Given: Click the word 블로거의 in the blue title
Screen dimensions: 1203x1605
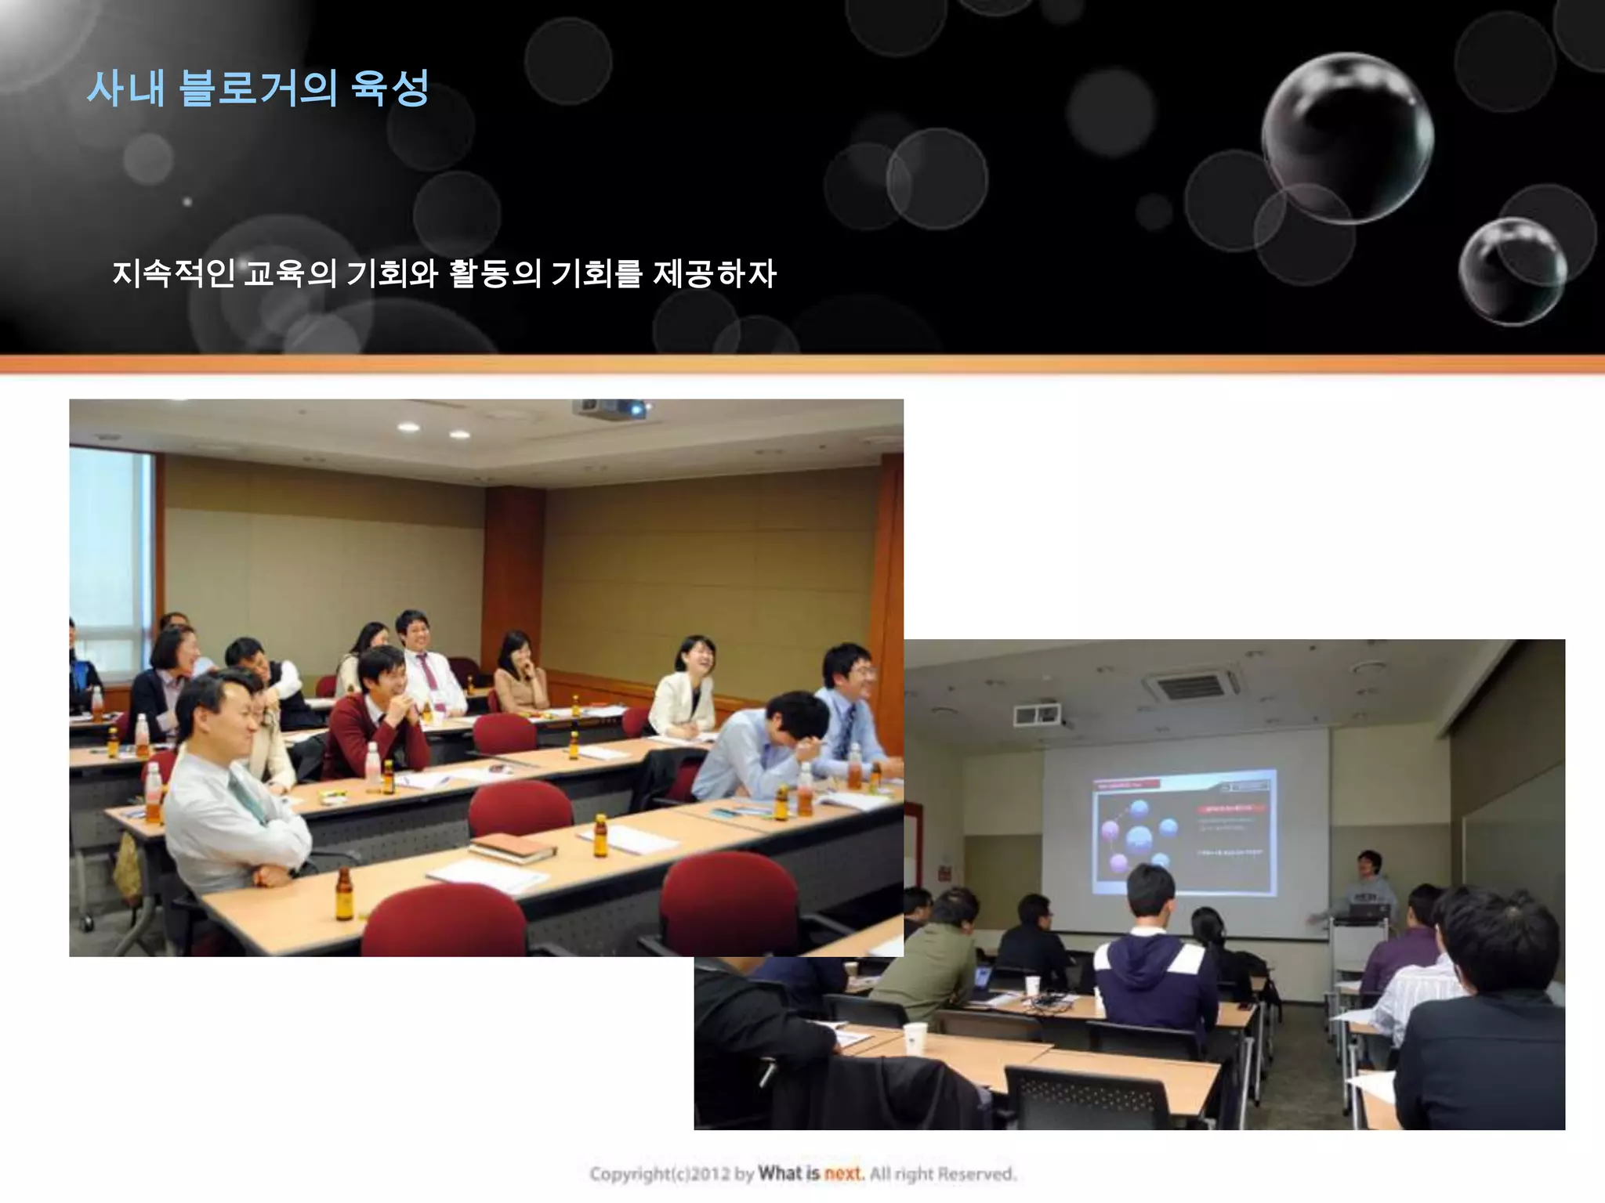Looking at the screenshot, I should tap(258, 88).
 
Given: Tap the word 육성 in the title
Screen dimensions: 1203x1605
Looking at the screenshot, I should tap(389, 88).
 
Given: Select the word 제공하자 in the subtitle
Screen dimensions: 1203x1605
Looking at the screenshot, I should tap(714, 273).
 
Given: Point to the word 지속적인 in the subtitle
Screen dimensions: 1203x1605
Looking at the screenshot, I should tap(173, 273).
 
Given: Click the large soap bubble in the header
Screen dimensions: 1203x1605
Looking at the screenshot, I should tap(1347, 138).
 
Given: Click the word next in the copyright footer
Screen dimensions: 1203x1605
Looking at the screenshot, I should tap(843, 1173).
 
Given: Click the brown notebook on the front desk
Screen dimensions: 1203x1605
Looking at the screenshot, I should tap(510, 847).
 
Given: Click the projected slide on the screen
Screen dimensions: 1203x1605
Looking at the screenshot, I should tap(1184, 832).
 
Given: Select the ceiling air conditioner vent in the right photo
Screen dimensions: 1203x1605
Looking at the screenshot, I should tap(1191, 687).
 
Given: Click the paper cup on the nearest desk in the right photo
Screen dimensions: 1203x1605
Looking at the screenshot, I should tap(915, 1038).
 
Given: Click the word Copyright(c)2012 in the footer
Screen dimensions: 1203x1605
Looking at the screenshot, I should tap(661, 1174).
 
